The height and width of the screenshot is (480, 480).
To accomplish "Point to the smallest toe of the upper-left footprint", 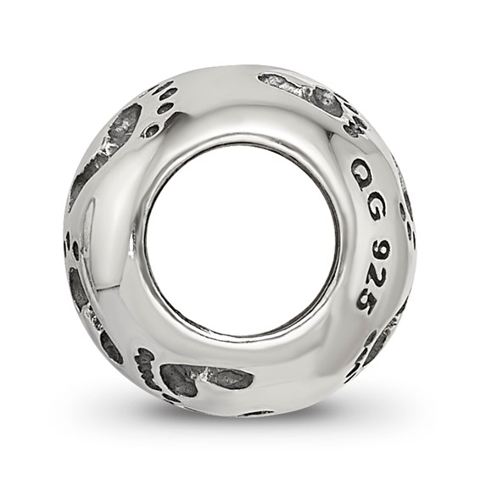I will pyautogui.click(x=160, y=84).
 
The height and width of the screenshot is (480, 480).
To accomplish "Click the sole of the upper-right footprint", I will pyautogui.click(x=301, y=89).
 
